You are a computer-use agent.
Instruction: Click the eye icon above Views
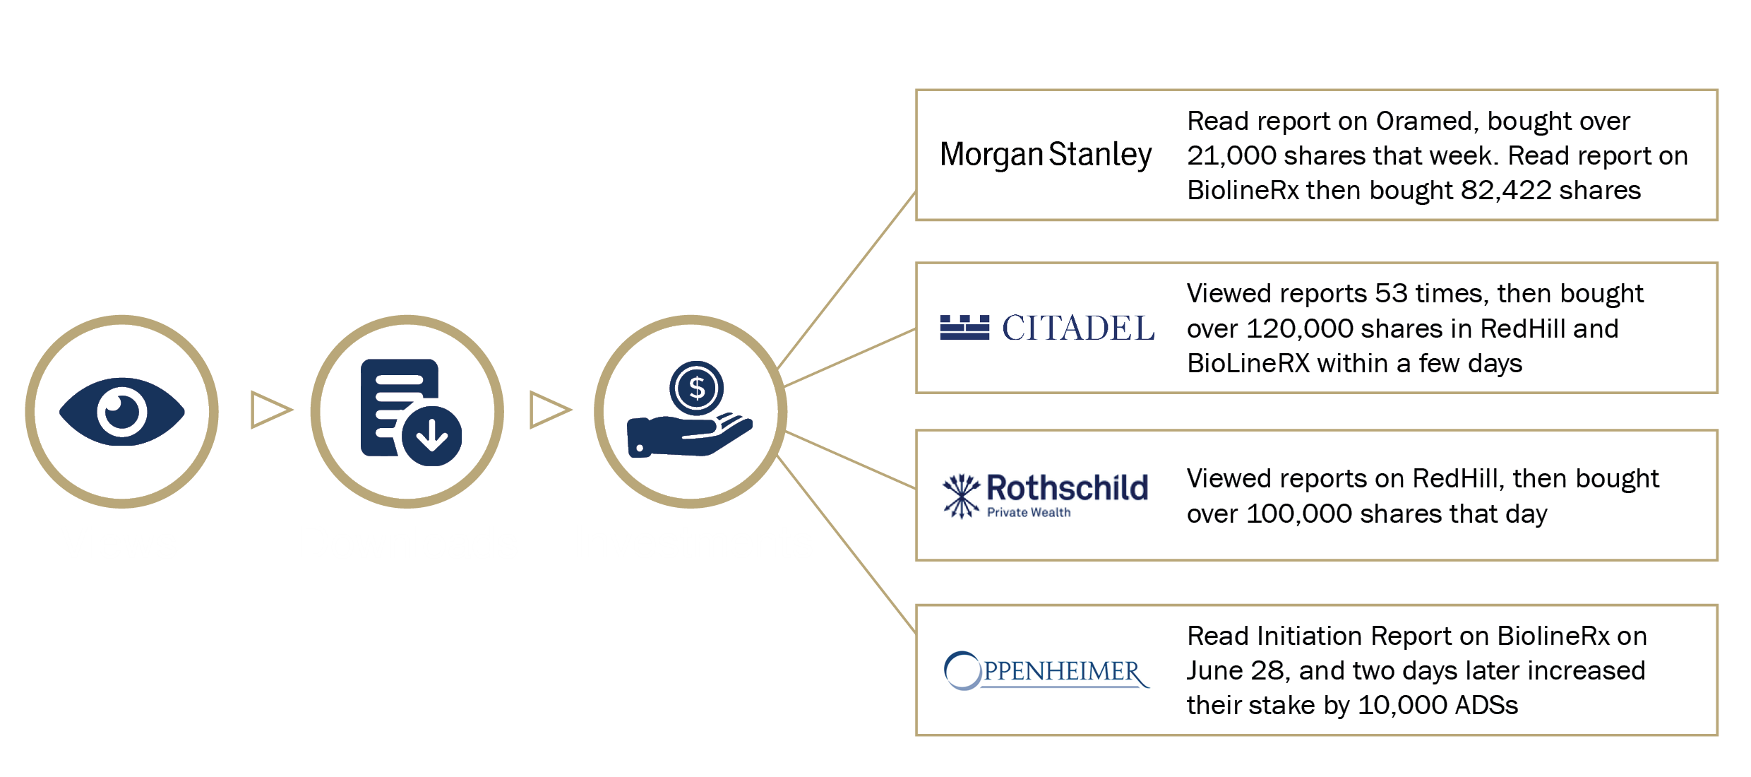[122, 411]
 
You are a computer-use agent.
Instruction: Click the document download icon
[408, 411]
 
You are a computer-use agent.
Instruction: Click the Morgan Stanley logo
[1046, 155]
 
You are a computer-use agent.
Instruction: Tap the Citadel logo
[1047, 328]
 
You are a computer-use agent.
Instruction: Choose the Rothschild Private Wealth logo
[1046, 495]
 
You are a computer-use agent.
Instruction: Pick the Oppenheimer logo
[1046, 670]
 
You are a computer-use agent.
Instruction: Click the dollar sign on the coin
[697, 388]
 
